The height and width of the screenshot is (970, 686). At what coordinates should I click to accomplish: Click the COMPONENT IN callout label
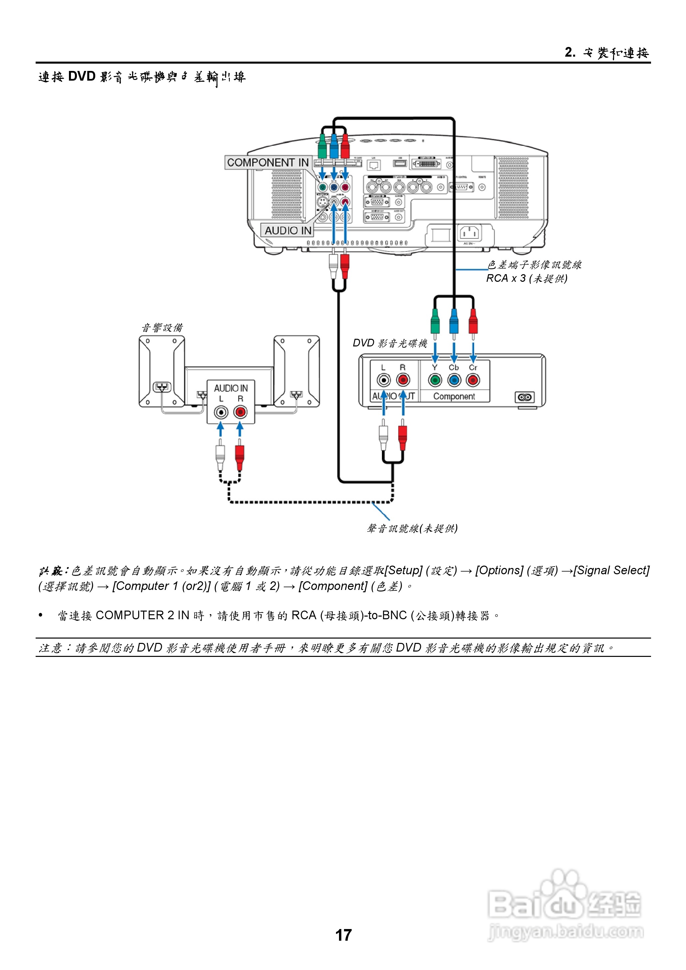pyautogui.click(x=268, y=163)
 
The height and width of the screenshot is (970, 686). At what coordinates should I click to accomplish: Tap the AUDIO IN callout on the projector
pyautogui.click(x=288, y=230)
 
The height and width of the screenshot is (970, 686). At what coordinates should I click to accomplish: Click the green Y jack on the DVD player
pyautogui.click(x=435, y=380)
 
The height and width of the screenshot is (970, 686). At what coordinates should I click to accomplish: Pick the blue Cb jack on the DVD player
pyautogui.click(x=454, y=380)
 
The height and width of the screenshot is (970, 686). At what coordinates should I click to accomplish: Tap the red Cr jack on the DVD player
pyautogui.click(x=473, y=380)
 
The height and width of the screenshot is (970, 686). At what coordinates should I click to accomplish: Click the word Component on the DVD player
pyautogui.click(x=454, y=396)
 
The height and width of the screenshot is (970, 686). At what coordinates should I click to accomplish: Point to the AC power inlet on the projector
pyautogui.click(x=470, y=233)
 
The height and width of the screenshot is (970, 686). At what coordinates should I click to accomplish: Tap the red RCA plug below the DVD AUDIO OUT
pyautogui.click(x=403, y=437)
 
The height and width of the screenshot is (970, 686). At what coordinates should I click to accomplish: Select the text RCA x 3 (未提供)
pyautogui.click(x=527, y=278)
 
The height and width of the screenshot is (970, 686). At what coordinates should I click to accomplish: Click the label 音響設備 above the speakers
pyautogui.click(x=162, y=327)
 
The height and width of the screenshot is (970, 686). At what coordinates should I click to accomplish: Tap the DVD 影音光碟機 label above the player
pyautogui.click(x=390, y=343)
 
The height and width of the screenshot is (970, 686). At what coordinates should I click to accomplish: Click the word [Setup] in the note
pyautogui.click(x=403, y=570)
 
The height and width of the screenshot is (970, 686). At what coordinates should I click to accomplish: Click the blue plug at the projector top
pyautogui.click(x=334, y=146)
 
